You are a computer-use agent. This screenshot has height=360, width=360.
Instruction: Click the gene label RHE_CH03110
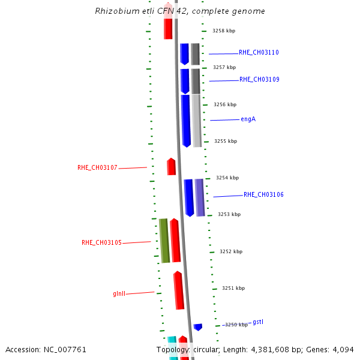coord(259,53)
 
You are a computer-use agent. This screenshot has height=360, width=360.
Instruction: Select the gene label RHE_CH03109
coord(259,80)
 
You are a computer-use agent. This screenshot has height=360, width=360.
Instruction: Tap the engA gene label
coord(248,119)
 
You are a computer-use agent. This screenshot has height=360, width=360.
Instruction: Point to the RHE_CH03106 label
coord(263,195)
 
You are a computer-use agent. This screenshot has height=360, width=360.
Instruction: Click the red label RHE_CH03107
coord(97,168)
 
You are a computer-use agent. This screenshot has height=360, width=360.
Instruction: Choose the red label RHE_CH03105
coord(101,243)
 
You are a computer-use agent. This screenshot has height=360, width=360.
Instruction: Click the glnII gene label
coord(119,294)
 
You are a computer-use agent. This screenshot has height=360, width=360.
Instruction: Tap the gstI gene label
coord(258,322)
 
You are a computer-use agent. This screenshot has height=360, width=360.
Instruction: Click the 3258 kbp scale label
coord(224,31)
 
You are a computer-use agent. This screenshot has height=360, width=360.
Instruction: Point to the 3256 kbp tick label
coord(225,104)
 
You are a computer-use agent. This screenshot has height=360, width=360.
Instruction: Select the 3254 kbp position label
coord(227,178)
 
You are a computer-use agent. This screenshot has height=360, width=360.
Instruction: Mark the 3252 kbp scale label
coord(231,251)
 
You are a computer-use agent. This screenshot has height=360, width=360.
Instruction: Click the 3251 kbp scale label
coord(233,288)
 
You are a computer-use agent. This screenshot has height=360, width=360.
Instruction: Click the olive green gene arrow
coord(164,241)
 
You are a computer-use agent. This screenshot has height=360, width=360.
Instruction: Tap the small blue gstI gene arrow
coord(198,327)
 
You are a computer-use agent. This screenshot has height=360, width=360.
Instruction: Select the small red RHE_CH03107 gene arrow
coord(172,167)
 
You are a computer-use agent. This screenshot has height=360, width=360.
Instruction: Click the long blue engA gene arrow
coord(186,120)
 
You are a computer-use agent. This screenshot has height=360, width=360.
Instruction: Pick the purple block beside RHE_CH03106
coord(200,197)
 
